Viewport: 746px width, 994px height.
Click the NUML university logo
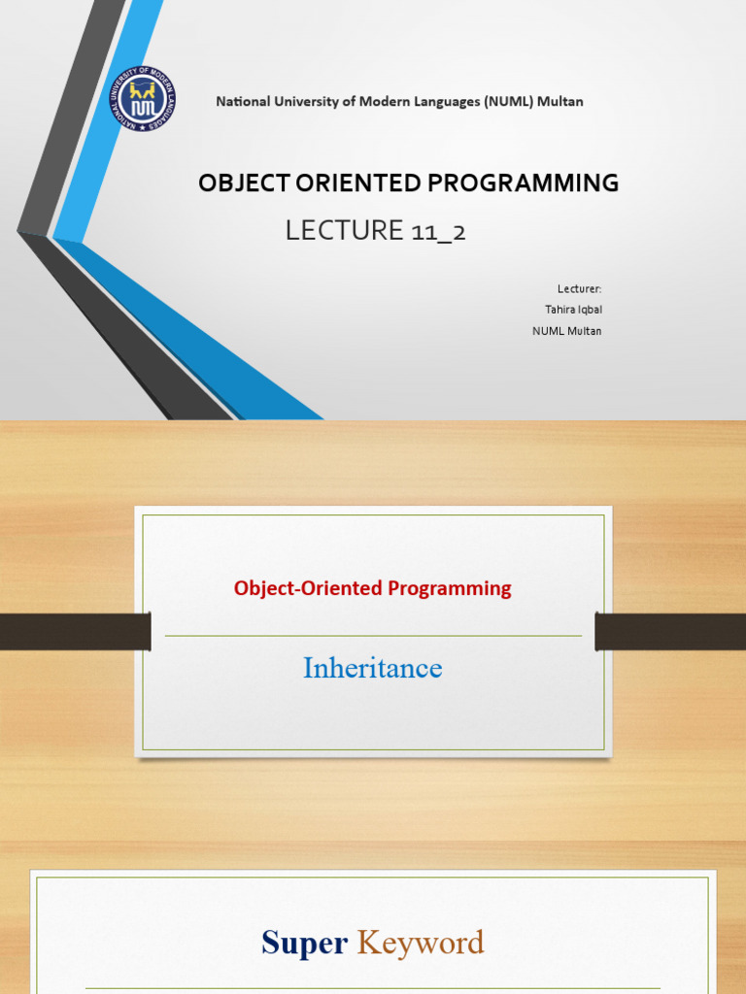click(142, 99)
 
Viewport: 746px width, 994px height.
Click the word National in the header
click(240, 101)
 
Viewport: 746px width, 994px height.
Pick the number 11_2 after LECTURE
click(437, 231)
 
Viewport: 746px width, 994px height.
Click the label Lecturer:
click(579, 288)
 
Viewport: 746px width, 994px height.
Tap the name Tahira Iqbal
click(573, 310)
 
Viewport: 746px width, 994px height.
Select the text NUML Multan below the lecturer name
click(566, 331)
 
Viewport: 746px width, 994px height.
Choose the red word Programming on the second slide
click(449, 588)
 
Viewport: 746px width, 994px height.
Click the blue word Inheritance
click(373, 668)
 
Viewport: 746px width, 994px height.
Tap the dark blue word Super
click(304, 943)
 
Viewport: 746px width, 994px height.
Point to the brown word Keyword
click(421, 943)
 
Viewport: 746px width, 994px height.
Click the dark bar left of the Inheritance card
click(75, 631)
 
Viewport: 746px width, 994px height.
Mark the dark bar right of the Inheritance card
click(670, 631)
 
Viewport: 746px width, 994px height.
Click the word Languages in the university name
click(435, 101)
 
